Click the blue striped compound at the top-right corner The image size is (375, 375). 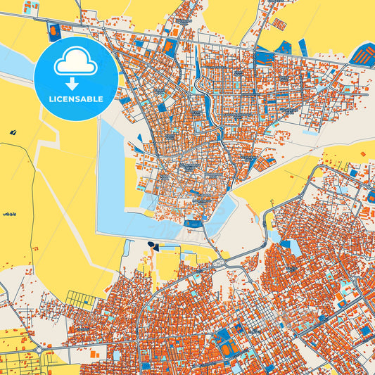click(x=363, y=53)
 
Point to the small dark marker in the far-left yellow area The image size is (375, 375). click(x=13, y=132)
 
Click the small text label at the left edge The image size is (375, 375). click(x=9, y=213)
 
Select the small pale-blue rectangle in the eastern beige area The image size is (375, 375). click(x=307, y=131)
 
